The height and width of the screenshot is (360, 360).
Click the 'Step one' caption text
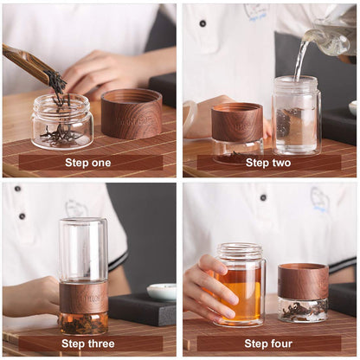(x=88, y=162)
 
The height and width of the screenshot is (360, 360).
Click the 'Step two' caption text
(x=268, y=162)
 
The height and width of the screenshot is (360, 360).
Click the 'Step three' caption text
(x=88, y=344)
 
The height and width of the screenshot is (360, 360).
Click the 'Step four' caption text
(x=268, y=344)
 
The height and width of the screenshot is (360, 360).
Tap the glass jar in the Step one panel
(x=61, y=123)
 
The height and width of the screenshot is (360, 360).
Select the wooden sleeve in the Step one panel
(x=131, y=113)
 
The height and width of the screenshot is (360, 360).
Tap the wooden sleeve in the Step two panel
(x=237, y=122)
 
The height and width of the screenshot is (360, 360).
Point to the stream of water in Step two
(x=300, y=61)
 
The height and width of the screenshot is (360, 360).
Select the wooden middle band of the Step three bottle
(x=83, y=297)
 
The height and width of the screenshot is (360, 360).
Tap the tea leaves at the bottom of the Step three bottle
(x=83, y=324)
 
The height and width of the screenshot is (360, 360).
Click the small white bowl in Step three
(x=161, y=292)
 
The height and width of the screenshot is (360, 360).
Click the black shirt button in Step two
(x=202, y=23)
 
